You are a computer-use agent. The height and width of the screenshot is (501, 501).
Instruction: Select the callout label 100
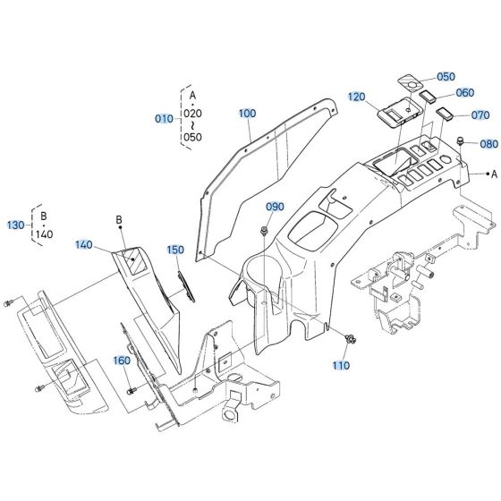click(247, 114)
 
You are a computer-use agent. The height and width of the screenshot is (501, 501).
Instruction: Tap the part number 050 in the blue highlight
click(446, 78)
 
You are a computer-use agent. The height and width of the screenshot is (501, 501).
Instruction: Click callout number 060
click(465, 92)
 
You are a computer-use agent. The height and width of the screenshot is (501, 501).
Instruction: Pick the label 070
click(480, 116)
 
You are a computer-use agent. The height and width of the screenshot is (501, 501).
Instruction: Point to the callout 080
click(488, 143)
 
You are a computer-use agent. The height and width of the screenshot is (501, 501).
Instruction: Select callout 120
click(358, 96)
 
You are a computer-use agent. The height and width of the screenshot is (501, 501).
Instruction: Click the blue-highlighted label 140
click(84, 244)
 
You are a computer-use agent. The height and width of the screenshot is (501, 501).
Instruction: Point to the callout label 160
click(122, 361)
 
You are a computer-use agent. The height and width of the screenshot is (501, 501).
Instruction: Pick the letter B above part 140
click(118, 219)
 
